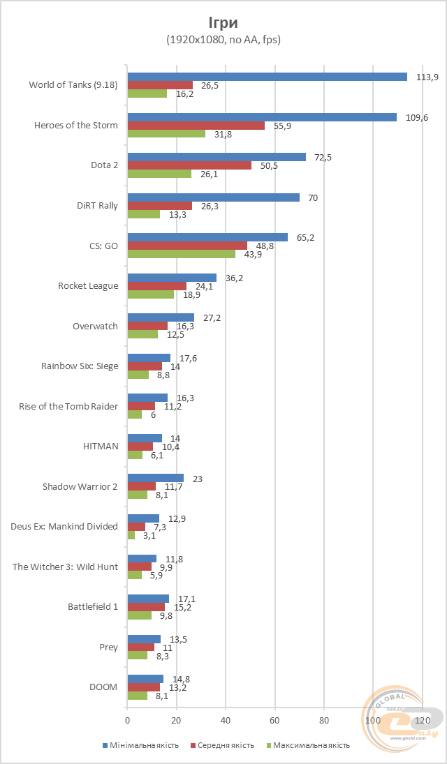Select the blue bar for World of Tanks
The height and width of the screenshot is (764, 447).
pyautogui.click(x=267, y=77)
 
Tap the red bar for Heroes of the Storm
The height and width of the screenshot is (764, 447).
pyautogui.click(x=196, y=126)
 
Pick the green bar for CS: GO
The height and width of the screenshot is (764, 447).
pyautogui.click(x=181, y=254)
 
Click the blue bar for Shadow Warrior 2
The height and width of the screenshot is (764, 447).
pyautogui.click(x=155, y=478)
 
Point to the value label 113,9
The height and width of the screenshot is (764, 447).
pyautogui.click(x=427, y=77)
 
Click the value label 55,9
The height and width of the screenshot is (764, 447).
pyautogui.click(x=282, y=126)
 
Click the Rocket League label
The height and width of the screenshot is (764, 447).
pyautogui.click(x=88, y=285)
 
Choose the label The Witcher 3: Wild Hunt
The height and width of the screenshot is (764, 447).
pyautogui.click(x=66, y=567)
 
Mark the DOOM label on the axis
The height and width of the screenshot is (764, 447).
pyautogui.click(x=103, y=687)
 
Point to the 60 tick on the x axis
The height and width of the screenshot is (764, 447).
pyautogui.click(x=274, y=720)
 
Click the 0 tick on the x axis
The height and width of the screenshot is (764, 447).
pyautogui.click(x=127, y=720)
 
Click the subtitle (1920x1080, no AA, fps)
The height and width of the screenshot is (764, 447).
pyautogui.click(x=223, y=40)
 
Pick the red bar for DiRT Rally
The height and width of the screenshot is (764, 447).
pyautogui.click(x=159, y=206)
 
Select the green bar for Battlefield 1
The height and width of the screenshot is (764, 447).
pyautogui.click(x=139, y=615)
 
